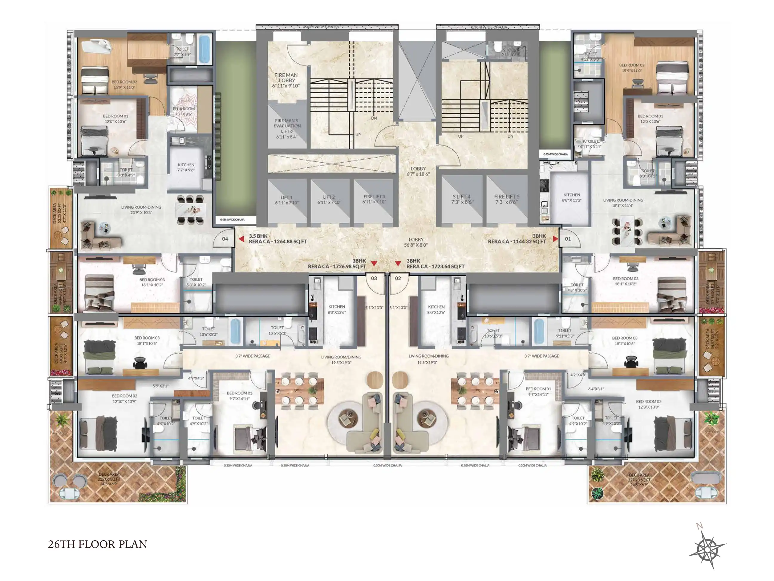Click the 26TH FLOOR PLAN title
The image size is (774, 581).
[x=98, y=544]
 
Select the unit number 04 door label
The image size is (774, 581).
[x=225, y=239]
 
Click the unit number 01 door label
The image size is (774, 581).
[x=568, y=239]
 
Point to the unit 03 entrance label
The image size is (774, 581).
[x=374, y=279]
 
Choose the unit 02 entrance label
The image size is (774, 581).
[x=398, y=279]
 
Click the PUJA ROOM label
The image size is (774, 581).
[x=184, y=111]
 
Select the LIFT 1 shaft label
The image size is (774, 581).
[x=286, y=200]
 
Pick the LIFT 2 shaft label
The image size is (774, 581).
[x=328, y=200]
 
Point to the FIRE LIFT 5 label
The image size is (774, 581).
[x=507, y=199]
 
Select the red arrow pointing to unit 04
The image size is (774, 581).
[x=241, y=239]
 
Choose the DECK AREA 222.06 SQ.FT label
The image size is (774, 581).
[x=109, y=479]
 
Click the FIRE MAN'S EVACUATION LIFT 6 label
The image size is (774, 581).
[x=287, y=129]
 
